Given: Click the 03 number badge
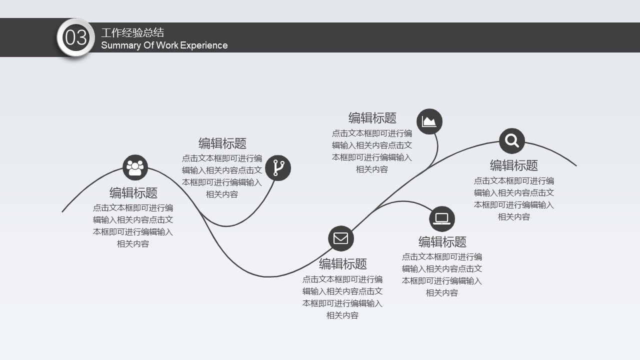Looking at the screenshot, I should pyautogui.click(x=76, y=38).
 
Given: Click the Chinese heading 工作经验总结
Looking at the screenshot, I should pyautogui.click(x=132, y=33).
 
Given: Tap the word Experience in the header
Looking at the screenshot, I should pyautogui.click(x=203, y=45).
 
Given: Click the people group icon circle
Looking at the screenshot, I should pyautogui.click(x=135, y=167).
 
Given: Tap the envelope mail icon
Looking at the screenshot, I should pyautogui.click(x=341, y=238).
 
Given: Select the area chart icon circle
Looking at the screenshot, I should pyautogui.click(x=429, y=121).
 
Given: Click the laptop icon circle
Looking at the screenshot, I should pyautogui.click(x=442, y=218).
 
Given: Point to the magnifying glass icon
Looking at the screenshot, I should pyautogui.click(x=512, y=140).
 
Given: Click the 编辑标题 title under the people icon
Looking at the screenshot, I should pyautogui.click(x=133, y=193).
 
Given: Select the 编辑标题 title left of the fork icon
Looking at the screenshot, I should pyautogui.click(x=222, y=143).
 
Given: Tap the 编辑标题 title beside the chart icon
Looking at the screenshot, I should pyautogui.click(x=372, y=118).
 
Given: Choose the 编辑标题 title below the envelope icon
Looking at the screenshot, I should pyautogui.click(x=343, y=263).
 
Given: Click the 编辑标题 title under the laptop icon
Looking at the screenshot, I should pyautogui.click(x=442, y=242).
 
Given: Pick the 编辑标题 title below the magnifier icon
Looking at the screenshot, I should pyautogui.click(x=514, y=165).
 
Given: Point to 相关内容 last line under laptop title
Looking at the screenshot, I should pyautogui.click(x=442, y=293).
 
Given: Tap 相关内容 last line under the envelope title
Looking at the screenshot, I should pyautogui.click(x=342, y=315).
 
